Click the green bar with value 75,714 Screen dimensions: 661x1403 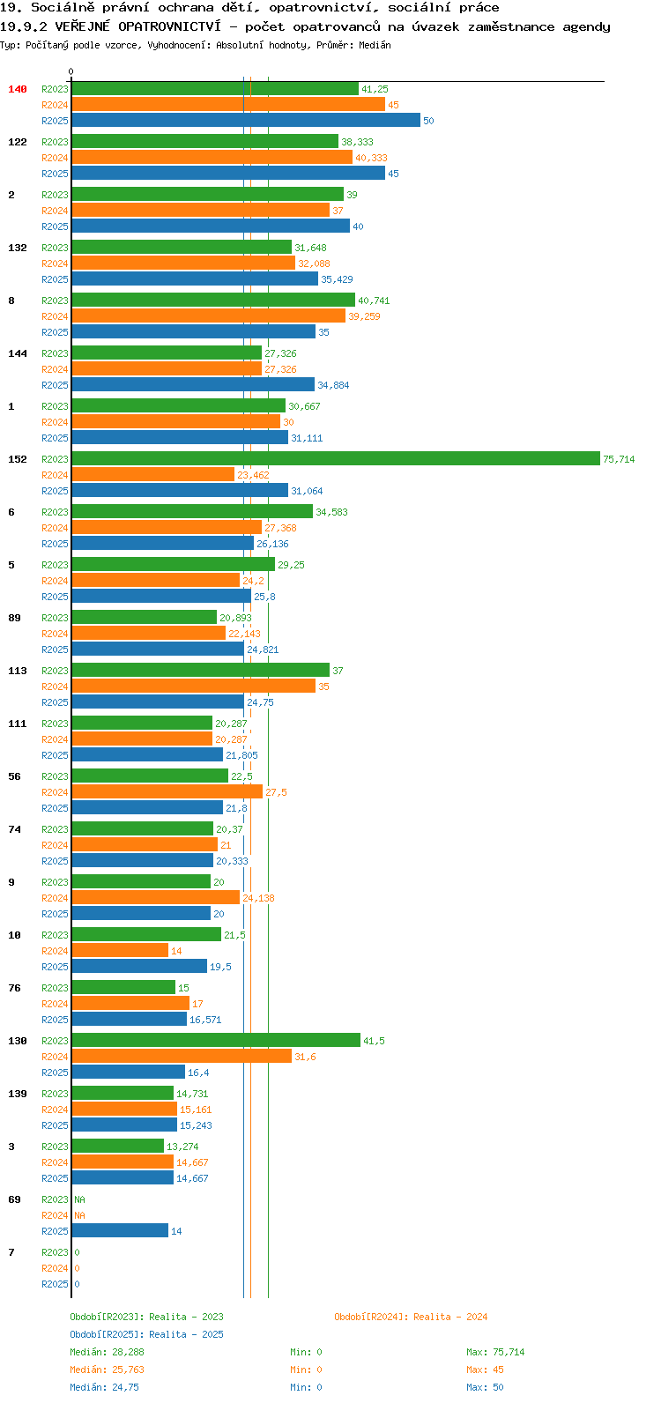coord(336,458)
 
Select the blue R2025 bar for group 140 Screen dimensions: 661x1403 coord(246,120)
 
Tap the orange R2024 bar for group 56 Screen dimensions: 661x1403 coord(167,791)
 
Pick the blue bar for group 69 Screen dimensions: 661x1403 coord(120,1231)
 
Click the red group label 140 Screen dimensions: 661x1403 coord(18,89)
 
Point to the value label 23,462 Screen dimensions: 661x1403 coord(253,475)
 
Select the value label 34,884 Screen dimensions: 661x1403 coord(333,385)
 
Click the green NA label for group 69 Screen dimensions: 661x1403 coord(79,1199)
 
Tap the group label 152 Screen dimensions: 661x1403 coord(18,459)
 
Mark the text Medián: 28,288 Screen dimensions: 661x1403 coord(108,1352)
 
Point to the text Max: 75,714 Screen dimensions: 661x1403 coord(495,1352)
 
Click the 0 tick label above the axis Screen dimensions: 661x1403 coord(71,71)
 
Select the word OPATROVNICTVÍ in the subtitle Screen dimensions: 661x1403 coord(170,26)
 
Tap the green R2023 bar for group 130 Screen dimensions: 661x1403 coord(216,1040)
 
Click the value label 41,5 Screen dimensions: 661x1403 coord(374,1041)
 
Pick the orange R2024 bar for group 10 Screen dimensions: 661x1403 coord(120,950)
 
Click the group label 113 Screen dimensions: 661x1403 coord(18,671)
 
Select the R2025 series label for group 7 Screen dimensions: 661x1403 coord(56,1284)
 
